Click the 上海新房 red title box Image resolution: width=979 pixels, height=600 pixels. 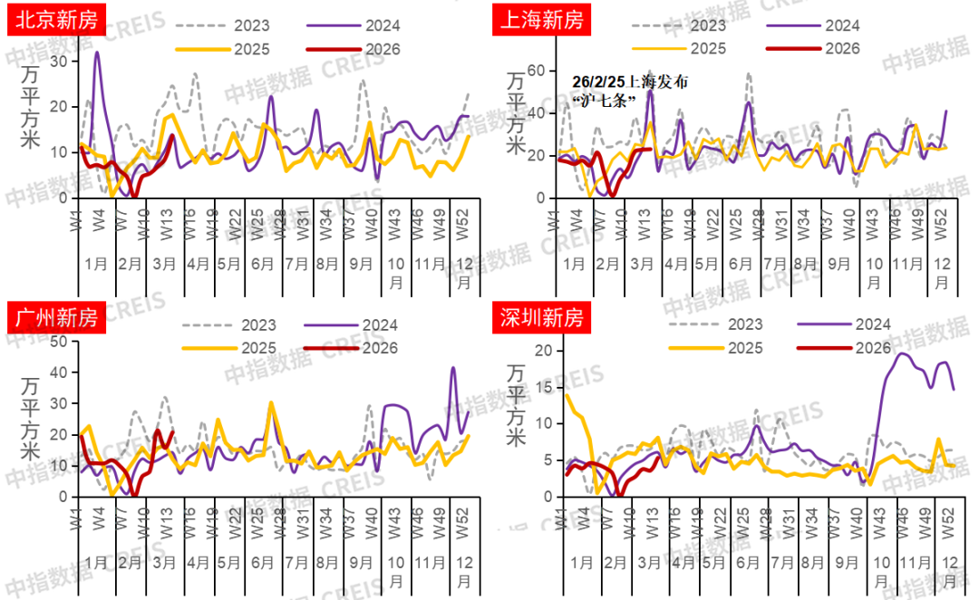point(542,18)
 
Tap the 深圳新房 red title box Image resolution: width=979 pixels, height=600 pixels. point(542,318)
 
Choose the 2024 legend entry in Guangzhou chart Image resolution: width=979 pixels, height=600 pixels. point(354,324)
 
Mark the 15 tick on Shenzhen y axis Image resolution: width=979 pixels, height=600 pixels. point(543,387)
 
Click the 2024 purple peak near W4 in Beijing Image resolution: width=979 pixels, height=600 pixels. point(97,53)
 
